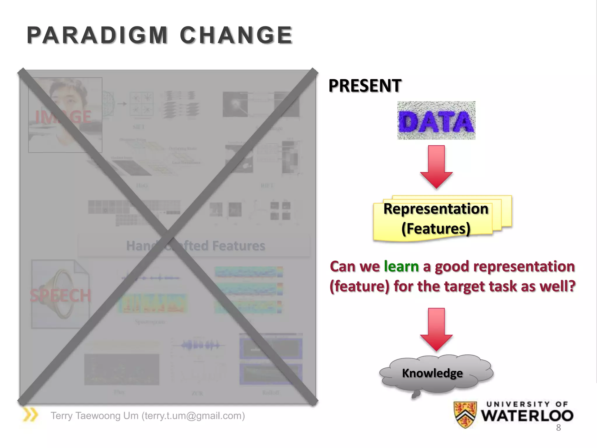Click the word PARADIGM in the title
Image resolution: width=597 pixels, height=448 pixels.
pyautogui.click(x=97, y=35)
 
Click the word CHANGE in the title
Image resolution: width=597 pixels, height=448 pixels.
pyautogui.click(x=236, y=35)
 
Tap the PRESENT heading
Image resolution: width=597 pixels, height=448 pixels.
pyautogui.click(x=365, y=86)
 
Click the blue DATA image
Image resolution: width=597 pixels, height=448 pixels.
pyautogui.click(x=436, y=120)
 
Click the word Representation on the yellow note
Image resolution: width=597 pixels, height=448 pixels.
pyautogui.click(x=436, y=209)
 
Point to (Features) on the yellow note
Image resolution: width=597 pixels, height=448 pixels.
pyautogui.click(x=436, y=228)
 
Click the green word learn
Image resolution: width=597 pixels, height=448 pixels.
pyautogui.click(x=401, y=266)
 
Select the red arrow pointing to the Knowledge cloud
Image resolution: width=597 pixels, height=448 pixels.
pyautogui.click(x=436, y=330)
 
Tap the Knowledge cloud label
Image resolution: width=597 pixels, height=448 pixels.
pyautogui.click(x=432, y=373)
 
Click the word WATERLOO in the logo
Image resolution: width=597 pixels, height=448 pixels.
pyautogui.click(x=527, y=416)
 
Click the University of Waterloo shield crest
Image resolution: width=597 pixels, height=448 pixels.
pyautogui.click(x=465, y=414)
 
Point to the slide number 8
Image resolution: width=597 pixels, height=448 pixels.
pyautogui.click(x=558, y=428)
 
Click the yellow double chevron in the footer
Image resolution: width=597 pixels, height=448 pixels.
pyautogui.click(x=30, y=415)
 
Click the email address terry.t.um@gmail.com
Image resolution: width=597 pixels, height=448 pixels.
pyautogui.click(x=193, y=416)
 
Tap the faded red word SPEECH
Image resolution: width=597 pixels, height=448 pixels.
pyautogui.click(x=60, y=295)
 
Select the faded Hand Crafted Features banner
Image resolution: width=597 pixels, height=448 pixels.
pyautogui.click(x=195, y=246)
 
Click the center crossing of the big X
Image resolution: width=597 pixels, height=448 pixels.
pyautogui.click(x=168, y=236)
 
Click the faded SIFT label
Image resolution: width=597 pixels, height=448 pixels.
pyautogui.click(x=138, y=127)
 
